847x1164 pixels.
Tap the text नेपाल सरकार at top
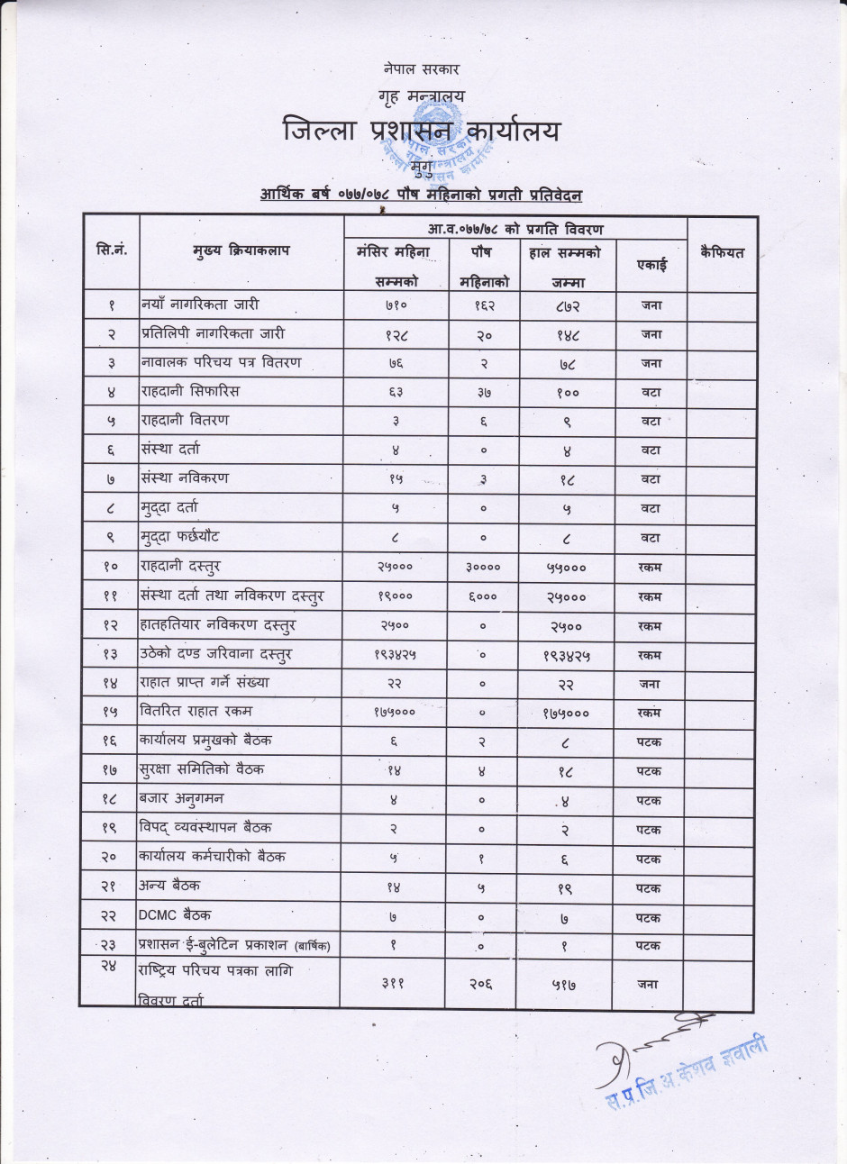pos(422,68)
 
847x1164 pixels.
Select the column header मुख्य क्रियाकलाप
pos(240,252)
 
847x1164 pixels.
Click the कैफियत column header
pos(722,253)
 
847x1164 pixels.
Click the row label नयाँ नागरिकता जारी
pos(200,305)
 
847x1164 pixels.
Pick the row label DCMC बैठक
pos(176,915)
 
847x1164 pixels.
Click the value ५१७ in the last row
pos(563,985)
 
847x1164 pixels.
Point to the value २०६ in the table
pos(481,985)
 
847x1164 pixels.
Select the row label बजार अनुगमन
pos(182,798)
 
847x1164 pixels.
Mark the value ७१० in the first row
pos(392,305)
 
